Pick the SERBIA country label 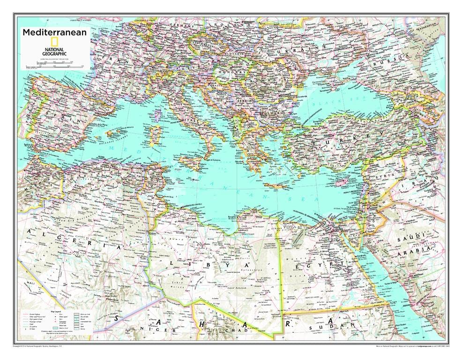pyautogui.click(x=245, y=100)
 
